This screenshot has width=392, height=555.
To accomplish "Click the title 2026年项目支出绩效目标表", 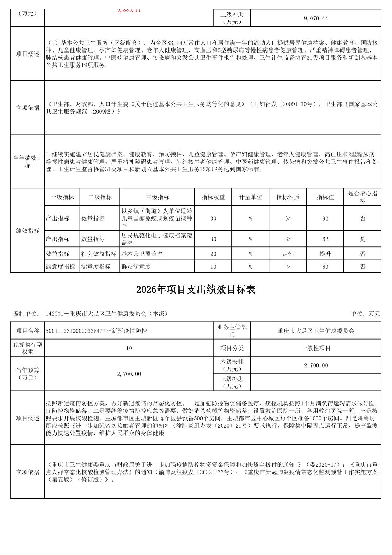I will point(196,290).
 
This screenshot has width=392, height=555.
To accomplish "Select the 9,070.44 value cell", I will point(316,18).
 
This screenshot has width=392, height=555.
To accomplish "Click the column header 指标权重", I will point(213,197).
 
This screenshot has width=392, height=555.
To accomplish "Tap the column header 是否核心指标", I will point(362,197).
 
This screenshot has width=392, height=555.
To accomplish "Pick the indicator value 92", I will point(325,218).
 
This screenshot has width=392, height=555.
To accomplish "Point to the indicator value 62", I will point(325,239).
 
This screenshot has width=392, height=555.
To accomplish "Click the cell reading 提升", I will point(325,254).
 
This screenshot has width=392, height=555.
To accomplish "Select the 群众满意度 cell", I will point(136,267).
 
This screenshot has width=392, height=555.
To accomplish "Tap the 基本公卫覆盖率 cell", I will point(142,254).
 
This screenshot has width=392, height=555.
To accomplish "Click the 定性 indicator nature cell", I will point(288,254).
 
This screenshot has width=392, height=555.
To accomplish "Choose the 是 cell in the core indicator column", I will point(362,239).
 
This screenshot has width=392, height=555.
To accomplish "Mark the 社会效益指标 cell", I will point(99,254).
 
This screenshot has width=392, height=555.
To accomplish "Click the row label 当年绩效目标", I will point(28,161).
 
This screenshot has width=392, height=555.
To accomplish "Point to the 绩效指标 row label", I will point(28,231).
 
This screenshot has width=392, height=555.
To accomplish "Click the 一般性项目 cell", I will point(316,348).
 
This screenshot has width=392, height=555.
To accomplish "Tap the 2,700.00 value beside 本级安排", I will point(316,365).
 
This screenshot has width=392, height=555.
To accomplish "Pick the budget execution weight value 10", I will point(129,348).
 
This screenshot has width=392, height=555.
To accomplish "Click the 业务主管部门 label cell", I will point(232,331).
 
